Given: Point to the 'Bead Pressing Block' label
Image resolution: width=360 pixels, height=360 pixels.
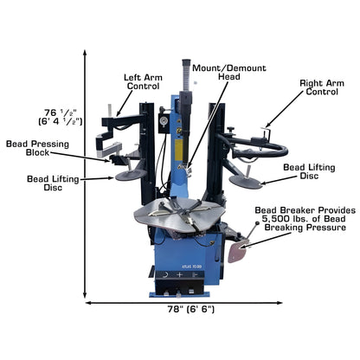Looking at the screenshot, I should [40, 149].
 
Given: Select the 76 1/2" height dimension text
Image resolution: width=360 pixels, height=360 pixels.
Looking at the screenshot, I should [63, 116].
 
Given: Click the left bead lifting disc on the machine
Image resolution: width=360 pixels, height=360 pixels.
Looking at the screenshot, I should [131, 175].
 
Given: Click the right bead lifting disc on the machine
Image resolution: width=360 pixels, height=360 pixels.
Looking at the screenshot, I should [246, 181].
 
